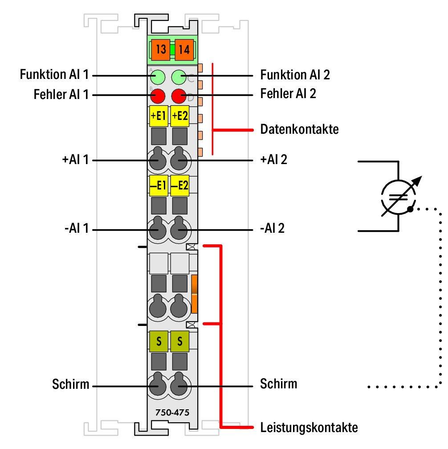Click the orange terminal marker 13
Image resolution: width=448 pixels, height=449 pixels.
coord(161,49)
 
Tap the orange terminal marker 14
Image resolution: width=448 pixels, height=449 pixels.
coord(183,49)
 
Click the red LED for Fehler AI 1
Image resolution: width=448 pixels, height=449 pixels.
coord(158,95)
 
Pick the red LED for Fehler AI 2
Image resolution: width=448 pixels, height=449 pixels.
coord(179,95)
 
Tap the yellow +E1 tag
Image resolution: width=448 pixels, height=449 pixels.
coord(158,116)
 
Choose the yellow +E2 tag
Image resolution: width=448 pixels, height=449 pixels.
coord(179,116)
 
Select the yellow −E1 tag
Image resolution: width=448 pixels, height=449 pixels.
coord(158,186)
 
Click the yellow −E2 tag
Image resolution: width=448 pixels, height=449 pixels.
coord(179,186)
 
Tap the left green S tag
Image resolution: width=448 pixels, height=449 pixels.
coord(159,342)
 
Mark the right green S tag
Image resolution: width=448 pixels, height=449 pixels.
coord(179,342)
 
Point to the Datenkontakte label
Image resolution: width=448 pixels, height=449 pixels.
coord(299,130)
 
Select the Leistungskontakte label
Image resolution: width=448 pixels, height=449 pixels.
coord(309,428)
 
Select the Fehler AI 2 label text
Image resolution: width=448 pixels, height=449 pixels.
coord(288,95)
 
